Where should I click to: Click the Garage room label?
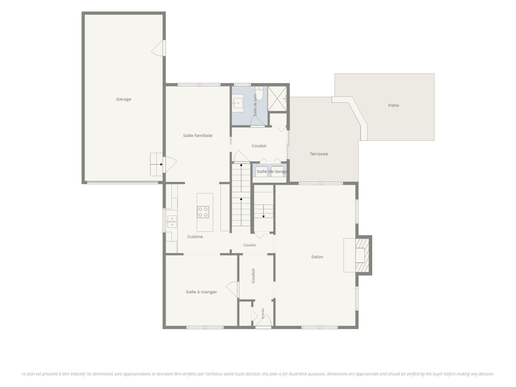point(124,99)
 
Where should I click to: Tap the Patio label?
point(393,105)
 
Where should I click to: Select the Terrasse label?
point(318,154)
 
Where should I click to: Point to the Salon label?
point(317,257)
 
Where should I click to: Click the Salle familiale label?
point(198,135)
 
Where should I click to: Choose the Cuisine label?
point(195,236)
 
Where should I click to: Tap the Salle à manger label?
point(201,292)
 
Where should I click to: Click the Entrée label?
point(263,313)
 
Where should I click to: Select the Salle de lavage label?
point(273,171)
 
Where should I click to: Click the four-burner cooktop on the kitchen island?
point(203,212)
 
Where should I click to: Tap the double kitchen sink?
point(172,222)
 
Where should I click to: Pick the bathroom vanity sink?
point(238,103)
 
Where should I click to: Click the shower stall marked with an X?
point(277,99)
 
